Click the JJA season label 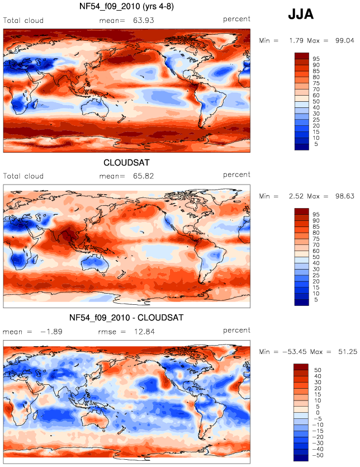click(x=301, y=14)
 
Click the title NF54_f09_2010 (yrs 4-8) click(x=126, y=6)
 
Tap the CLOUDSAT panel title click(x=126, y=163)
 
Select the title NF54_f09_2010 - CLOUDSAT click(x=126, y=318)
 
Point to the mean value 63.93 click(x=144, y=21)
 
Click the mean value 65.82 click(x=144, y=176)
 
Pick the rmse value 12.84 click(x=144, y=332)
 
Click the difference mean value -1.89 click(x=51, y=332)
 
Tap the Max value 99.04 click(x=345, y=40)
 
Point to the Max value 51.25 click(x=348, y=352)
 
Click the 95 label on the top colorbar click(x=316, y=59)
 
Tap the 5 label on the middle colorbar click(x=316, y=300)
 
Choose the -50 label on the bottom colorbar click(x=318, y=455)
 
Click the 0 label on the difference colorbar click(x=318, y=413)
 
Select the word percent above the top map click(x=236, y=19)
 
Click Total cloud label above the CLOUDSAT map click(x=23, y=176)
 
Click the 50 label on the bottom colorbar click(x=318, y=370)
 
